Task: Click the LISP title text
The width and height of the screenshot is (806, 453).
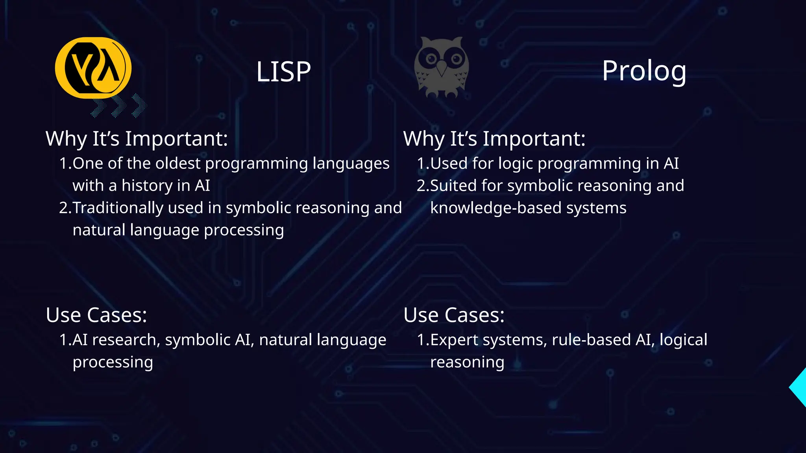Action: point(283,72)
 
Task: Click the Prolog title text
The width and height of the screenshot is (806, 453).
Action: point(644,71)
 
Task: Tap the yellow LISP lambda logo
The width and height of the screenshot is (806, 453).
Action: point(93,68)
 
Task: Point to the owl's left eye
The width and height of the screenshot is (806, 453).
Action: point(431,59)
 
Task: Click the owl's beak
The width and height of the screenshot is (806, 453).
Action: point(442,68)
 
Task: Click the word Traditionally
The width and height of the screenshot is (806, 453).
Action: point(118,208)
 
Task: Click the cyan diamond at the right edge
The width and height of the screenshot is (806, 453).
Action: point(799,387)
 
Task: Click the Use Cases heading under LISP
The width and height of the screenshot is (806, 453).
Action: point(96,315)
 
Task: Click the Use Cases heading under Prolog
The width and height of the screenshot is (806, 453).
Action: point(454,315)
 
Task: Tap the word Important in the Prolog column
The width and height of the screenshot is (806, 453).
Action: point(534,139)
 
